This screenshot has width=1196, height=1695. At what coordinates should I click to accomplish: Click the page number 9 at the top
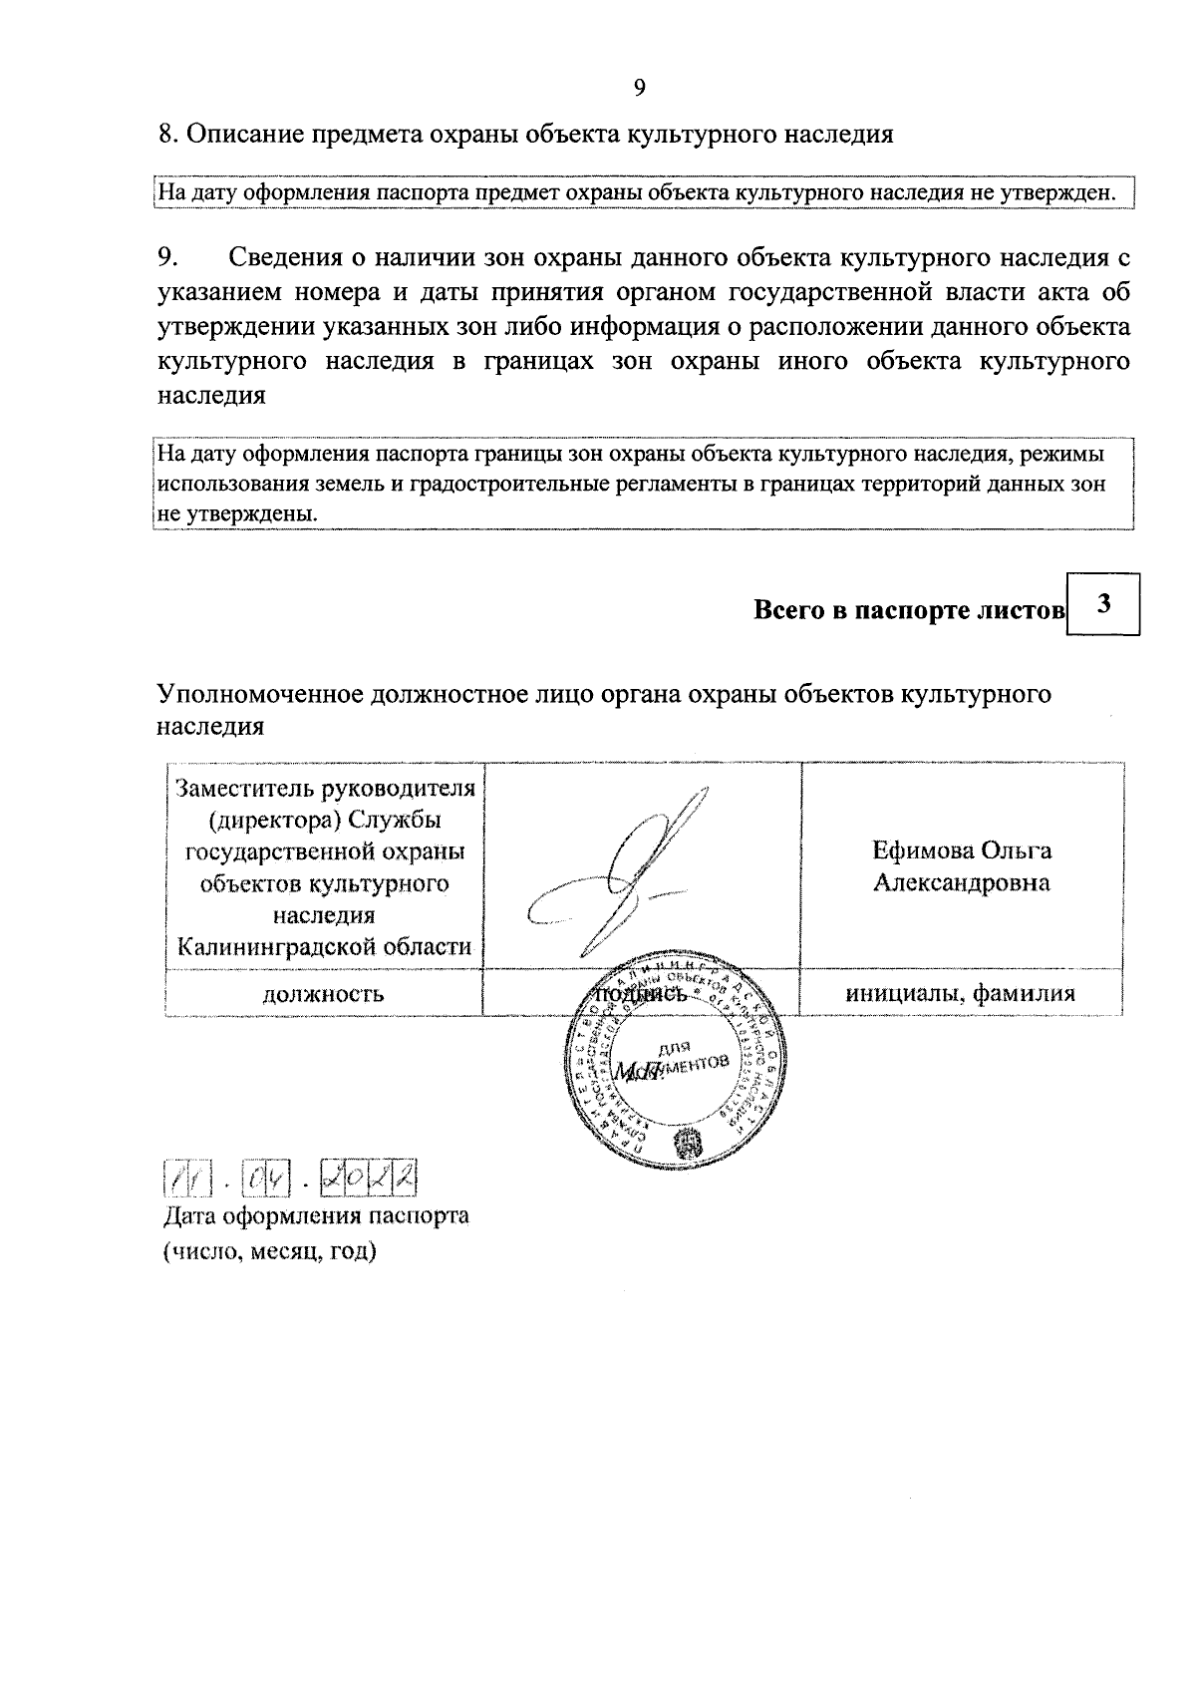coord(640,88)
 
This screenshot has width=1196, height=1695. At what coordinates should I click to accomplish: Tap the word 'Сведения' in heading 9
coord(285,257)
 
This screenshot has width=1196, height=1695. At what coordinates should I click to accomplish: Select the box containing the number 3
coord(1102,604)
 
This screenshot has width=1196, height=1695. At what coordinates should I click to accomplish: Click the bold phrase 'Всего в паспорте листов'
coord(909,610)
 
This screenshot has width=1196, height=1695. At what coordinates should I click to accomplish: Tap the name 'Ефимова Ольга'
coord(962,850)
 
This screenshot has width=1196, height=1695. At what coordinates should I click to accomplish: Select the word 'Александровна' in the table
coord(962,883)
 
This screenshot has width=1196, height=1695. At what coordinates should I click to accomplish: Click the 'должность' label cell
coord(323,994)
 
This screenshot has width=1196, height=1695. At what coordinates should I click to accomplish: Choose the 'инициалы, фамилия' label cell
coord(961,993)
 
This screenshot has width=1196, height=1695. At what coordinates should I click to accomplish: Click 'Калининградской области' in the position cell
coord(324,946)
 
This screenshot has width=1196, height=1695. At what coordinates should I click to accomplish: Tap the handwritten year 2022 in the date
coord(368,1180)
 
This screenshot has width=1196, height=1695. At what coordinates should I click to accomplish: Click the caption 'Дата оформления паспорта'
coord(315,1216)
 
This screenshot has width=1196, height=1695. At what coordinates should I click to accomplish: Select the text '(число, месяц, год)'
coord(270,1251)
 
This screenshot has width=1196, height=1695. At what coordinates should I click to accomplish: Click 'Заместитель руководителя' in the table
coord(324,788)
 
